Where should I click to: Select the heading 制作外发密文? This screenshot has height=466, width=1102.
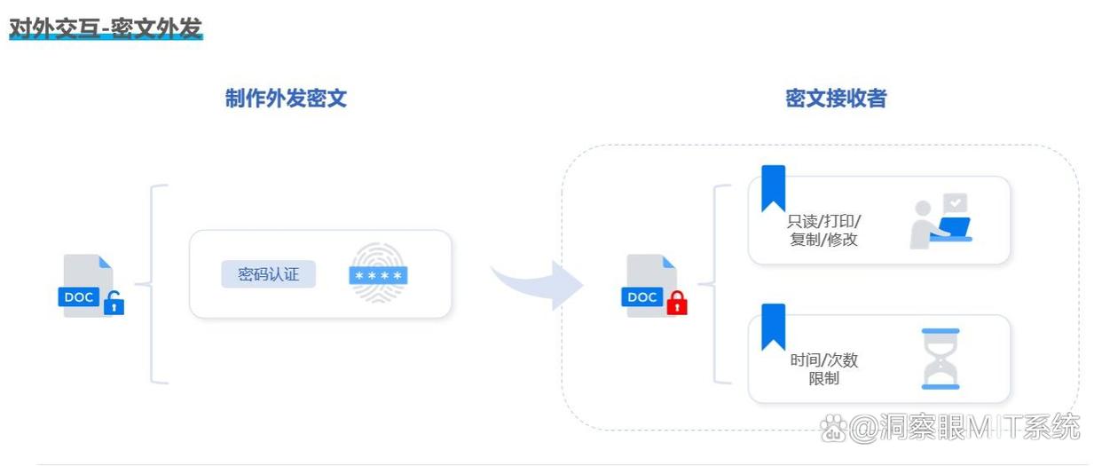(286, 99)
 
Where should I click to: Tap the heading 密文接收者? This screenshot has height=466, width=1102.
(836, 99)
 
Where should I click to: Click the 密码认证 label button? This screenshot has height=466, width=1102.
(268, 274)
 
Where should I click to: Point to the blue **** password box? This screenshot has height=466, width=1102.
(378, 275)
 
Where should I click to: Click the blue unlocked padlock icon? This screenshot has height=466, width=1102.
(114, 304)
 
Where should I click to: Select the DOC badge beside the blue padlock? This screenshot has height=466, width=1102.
(78, 297)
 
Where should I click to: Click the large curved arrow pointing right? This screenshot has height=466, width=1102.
(537, 283)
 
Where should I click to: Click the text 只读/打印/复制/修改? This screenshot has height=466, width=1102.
(823, 230)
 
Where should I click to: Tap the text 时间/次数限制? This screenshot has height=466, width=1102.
(823, 369)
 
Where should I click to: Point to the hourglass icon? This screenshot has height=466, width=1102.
(941, 359)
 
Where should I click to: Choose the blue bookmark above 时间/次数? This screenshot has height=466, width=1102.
(773, 327)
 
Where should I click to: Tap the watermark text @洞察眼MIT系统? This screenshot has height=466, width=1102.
(964, 428)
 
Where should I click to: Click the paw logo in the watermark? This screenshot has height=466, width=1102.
(833, 429)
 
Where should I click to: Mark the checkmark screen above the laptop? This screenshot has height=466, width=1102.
(955, 203)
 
